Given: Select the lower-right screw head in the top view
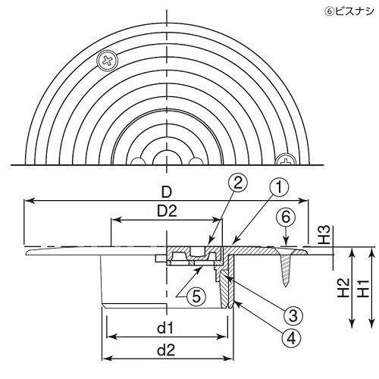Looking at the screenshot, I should tap(286, 161).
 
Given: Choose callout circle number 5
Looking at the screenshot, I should tap(195, 297).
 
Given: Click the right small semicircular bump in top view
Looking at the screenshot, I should tap(195, 161).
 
